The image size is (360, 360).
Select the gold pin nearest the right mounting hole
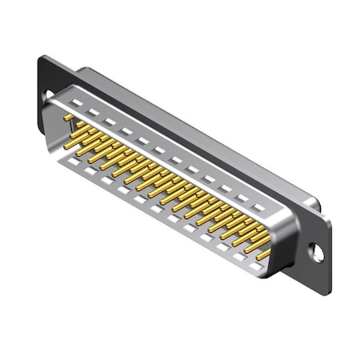[x=262, y=254]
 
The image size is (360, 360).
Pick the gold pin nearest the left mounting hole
[x=69, y=118]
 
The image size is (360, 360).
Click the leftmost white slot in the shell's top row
[x=77, y=103]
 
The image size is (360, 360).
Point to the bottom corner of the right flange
[x=325, y=290]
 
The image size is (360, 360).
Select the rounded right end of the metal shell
[x=280, y=240]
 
